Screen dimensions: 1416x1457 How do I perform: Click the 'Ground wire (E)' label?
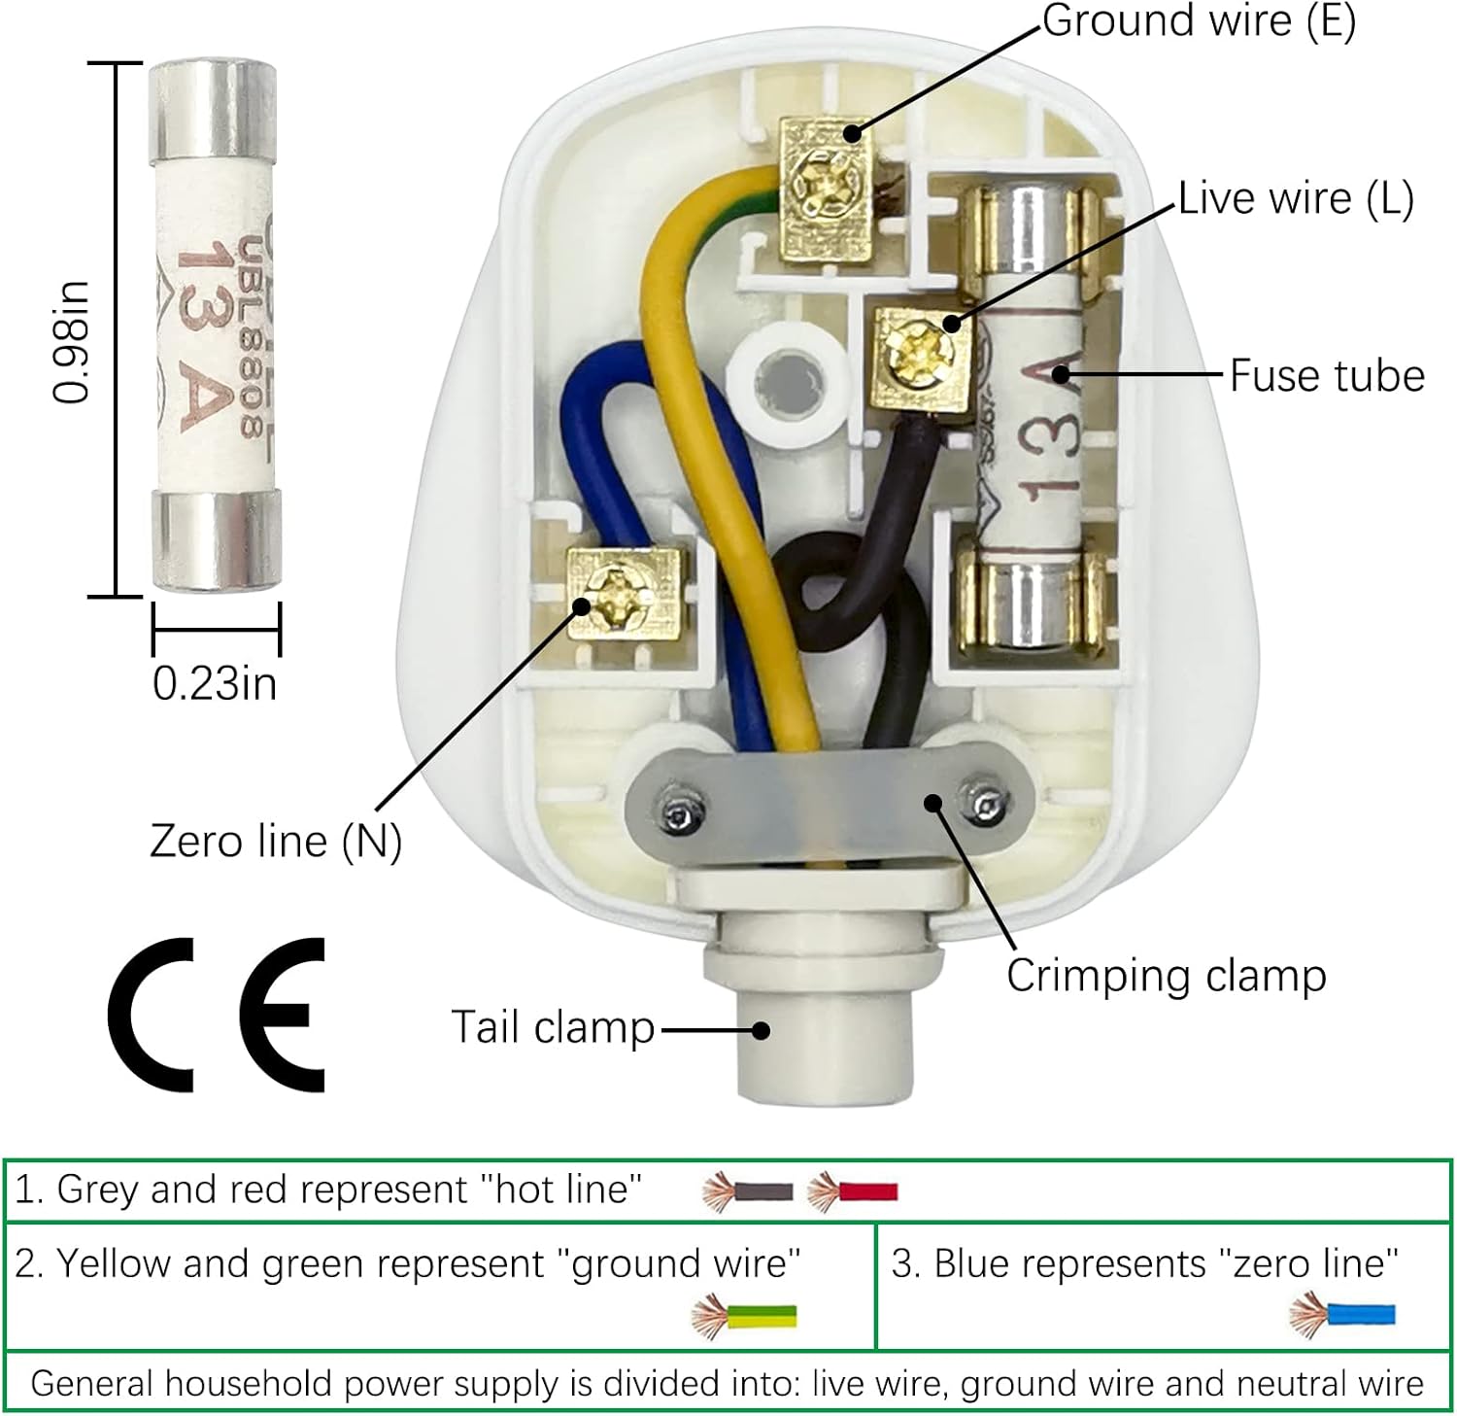tap(1199, 21)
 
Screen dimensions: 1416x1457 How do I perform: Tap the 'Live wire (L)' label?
tap(1296, 198)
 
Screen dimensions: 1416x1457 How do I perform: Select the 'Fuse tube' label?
tap(1327, 376)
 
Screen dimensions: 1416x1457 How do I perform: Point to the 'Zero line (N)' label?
tap(276, 842)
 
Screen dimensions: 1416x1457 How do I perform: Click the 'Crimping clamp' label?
tap(1166, 976)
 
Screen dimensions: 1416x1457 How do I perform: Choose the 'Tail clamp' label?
tap(554, 1028)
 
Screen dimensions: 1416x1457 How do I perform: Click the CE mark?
tap(217, 1016)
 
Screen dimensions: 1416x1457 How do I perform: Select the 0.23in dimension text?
tap(215, 683)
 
